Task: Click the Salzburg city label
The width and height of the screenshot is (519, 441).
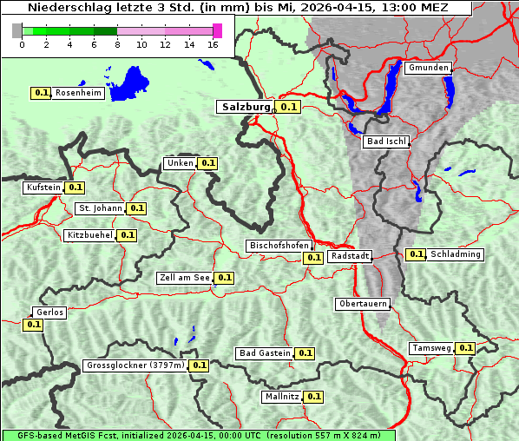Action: coord(246,107)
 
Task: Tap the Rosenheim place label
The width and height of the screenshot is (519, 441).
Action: coord(78,92)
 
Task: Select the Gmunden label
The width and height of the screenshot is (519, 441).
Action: coord(428,68)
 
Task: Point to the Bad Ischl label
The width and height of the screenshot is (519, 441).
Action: coord(385,142)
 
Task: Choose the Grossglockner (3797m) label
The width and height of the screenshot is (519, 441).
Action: coord(135,365)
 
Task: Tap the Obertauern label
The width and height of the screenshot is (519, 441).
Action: coord(362,304)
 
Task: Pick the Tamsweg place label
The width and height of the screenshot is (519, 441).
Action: coord(431,348)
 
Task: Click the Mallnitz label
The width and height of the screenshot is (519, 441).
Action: coord(282,397)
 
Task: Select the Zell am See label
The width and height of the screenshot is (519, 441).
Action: coord(185,278)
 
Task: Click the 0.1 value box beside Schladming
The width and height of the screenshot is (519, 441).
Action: coord(416,254)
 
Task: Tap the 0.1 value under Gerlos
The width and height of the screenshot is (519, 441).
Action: coord(33,325)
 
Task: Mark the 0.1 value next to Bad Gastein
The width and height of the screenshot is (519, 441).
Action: coord(305,353)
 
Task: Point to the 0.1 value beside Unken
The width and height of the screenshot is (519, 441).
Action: coord(207,162)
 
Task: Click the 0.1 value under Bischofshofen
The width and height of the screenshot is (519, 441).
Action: coord(313,258)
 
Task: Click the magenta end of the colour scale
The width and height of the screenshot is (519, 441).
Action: coord(217,30)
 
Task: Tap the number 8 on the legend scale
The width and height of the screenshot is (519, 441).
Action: coord(117,44)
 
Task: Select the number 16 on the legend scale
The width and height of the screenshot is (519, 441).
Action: coord(214,44)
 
